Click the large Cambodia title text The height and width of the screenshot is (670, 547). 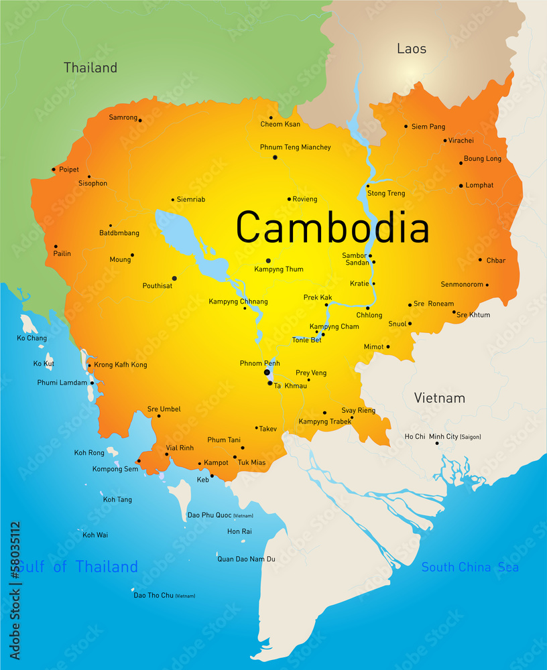point(332,228)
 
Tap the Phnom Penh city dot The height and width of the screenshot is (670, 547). point(267,372)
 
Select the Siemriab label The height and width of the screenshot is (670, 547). point(192,200)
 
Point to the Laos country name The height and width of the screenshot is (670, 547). point(412,48)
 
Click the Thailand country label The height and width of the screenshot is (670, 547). point(90,68)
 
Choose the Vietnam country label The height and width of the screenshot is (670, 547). point(439,398)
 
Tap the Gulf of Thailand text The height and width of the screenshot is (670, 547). point(77,567)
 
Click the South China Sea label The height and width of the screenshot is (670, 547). point(469,567)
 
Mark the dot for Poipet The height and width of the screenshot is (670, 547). point(54,170)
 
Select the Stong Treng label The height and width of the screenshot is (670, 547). point(387,194)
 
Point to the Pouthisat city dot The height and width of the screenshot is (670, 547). point(174,278)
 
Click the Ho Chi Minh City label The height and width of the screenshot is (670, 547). point(442,437)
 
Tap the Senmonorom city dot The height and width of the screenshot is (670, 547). point(487,285)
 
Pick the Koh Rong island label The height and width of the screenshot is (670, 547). point(89,453)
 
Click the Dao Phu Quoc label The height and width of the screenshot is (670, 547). point(210,515)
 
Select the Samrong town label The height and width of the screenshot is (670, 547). point(123,117)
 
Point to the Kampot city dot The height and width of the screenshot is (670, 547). point(199,463)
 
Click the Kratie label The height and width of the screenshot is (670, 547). point(359,283)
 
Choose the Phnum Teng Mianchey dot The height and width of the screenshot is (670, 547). point(275,157)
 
